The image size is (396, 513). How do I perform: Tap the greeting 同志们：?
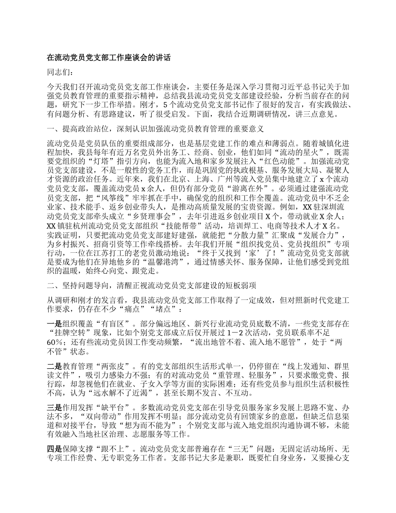pyautogui.click(x=62, y=73)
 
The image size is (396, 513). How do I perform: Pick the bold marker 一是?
pyautogui.click(x=55, y=324)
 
